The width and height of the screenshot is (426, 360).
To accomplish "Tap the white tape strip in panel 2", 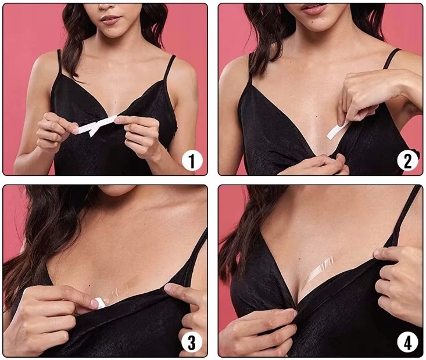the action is pyautogui.click(x=338, y=130).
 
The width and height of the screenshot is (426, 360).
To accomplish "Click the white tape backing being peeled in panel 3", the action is pyautogui.click(x=98, y=303).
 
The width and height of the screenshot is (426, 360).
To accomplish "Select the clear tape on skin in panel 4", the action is pyautogui.click(x=321, y=269).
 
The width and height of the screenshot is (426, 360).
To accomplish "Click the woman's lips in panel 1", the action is pyautogui.click(x=111, y=20).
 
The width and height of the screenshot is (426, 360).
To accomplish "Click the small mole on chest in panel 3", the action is pyautogui.click(x=90, y=285).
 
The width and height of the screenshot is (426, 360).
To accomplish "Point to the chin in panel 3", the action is pyautogui.click(x=117, y=189).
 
